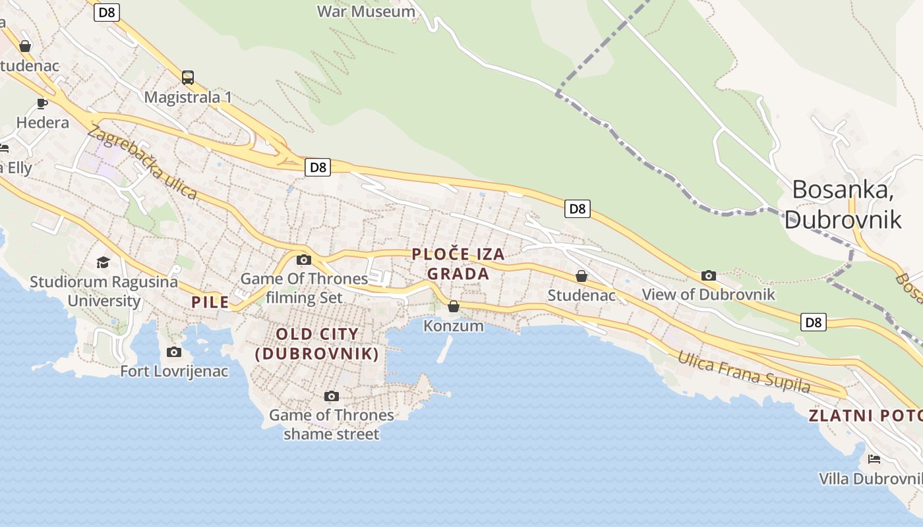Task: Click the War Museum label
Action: pyautogui.click(x=366, y=11)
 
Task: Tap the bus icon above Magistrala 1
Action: pyautogui.click(x=188, y=78)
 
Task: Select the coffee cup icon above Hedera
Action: pyautogui.click(x=42, y=103)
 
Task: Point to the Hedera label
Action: pyautogui.click(x=42, y=123)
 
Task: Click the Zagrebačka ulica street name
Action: pyautogui.click(x=142, y=162)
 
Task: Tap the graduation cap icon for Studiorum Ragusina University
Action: pyautogui.click(x=103, y=263)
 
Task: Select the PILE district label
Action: pyautogui.click(x=210, y=302)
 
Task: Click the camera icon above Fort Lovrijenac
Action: pyautogui.click(x=174, y=352)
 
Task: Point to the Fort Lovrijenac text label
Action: pyautogui.click(x=174, y=371)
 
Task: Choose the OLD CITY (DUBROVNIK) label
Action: pyautogui.click(x=317, y=344)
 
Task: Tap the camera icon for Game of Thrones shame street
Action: pyautogui.click(x=332, y=396)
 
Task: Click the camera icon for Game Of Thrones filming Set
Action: pyautogui.click(x=304, y=260)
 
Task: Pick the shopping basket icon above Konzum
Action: pyautogui.click(x=454, y=306)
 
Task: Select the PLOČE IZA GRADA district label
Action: pyautogui.click(x=458, y=263)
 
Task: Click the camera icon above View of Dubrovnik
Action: pyautogui.click(x=709, y=275)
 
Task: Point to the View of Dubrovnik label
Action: pyautogui.click(x=709, y=294)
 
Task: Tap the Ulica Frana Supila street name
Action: pyautogui.click(x=744, y=372)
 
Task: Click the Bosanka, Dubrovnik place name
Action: pyautogui.click(x=843, y=204)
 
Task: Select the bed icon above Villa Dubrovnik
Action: pyautogui.click(x=874, y=458)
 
